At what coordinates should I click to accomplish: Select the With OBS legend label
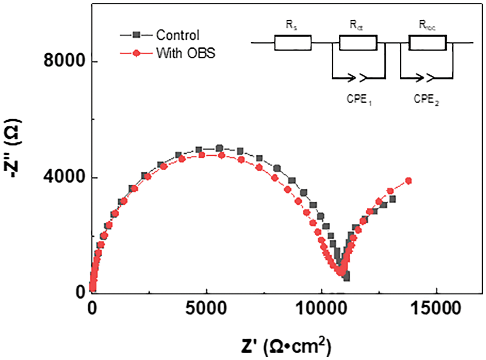coord(184,54)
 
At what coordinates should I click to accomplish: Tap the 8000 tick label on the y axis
coord(64,61)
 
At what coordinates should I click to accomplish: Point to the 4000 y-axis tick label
coord(64,177)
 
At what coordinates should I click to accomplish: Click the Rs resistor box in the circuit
coord(293,43)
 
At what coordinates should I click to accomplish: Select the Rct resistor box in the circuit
coord(358,43)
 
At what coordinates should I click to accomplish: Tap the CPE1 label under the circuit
coord(360,100)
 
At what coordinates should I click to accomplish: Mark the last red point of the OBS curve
coord(408,181)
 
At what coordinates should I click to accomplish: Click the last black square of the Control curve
coord(392,199)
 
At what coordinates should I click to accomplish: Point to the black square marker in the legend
coord(136,35)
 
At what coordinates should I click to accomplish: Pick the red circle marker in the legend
coord(136,54)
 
